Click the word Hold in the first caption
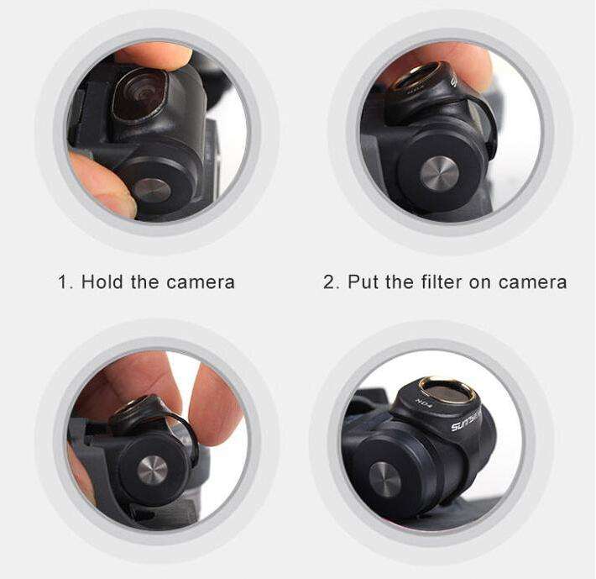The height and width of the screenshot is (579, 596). pos(102,282)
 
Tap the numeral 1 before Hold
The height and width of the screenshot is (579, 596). pos(62,282)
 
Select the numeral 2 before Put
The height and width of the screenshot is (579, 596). pos(329,282)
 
